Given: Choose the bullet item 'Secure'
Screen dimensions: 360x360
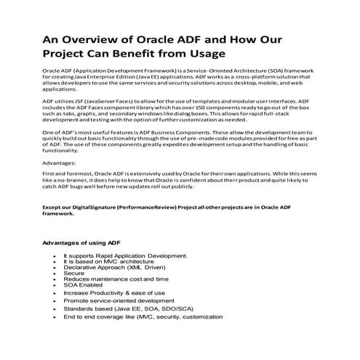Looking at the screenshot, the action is [x=75, y=273].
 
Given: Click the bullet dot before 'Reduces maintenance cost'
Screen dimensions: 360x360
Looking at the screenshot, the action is [x=55, y=279].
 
